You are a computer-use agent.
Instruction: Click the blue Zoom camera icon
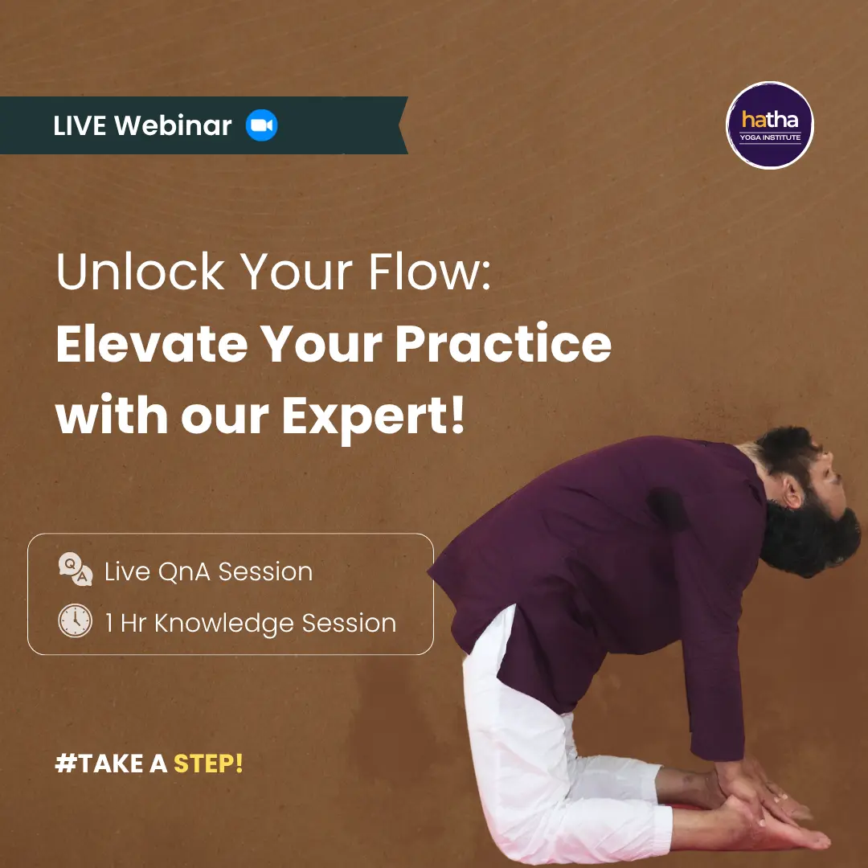coord(261,125)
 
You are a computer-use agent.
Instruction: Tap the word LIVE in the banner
coord(80,125)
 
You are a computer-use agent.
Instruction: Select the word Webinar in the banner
coord(173,125)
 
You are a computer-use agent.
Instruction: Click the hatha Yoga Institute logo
coord(769,125)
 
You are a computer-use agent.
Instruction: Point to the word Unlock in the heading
coord(140,272)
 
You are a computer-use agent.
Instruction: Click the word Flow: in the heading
coord(429,272)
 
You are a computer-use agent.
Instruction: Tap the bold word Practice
coord(503,343)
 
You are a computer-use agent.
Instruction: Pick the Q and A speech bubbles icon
coord(76,569)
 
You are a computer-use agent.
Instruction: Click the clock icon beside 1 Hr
coord(76,620)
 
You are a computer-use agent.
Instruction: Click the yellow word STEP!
coord(208,764)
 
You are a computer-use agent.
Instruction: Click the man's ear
coord(792,492)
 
